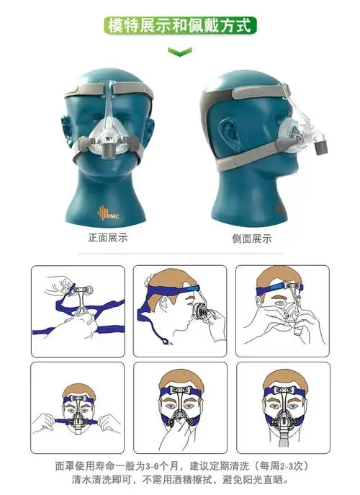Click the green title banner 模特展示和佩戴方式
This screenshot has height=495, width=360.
pyautogui.click(x=180, y=25)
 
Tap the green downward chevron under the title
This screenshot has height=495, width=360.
pyautogui.click(x=180, y=51)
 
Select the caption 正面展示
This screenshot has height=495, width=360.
pyautogui.click(x=108, y=238)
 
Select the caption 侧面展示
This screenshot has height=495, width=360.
pyautogui.click(x=252, y=238)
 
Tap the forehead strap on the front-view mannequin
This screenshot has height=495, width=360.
pyautogui.click(x=109, y=89)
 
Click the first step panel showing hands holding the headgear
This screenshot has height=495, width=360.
pyautogui.click(x=78, y=311)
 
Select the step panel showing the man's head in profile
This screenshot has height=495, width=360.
pyautogui.click(x=180, y=311)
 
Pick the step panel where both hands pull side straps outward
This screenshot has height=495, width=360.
pyautogui.click(x=77, y=408)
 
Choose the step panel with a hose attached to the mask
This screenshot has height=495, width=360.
pyautogui.click(x=283, y=408)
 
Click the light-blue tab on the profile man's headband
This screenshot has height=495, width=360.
pyautogui.click(x=192, y=288)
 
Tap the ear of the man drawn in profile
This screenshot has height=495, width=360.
pyautogui.click(x=163, y=303)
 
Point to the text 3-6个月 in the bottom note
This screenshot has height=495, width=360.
pyautogui.click(x=158, y=466)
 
